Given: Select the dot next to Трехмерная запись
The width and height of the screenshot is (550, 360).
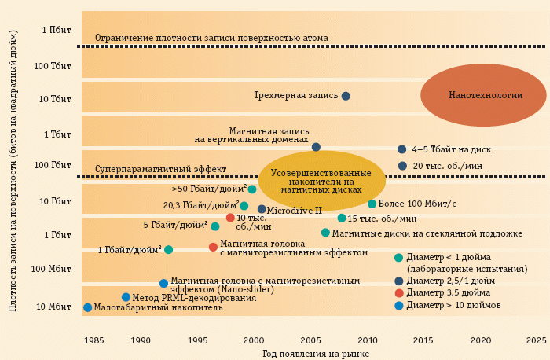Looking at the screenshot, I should [x=346, y=96].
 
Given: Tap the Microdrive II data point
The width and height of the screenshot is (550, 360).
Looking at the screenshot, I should [x=262, y=210].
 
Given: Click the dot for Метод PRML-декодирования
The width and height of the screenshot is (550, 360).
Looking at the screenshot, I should [x=126, y=297].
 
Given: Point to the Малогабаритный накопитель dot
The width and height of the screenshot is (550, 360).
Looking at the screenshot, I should [x=87, y=307].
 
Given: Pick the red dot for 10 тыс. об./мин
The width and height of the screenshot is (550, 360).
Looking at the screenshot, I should [x=230, y=218].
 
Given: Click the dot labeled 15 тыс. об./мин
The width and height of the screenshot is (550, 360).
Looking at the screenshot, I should [x=342, y=218].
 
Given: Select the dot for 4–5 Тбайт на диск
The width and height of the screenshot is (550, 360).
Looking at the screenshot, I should [x=402, y=149].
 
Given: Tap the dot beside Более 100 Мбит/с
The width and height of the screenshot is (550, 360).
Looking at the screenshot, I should [x=372, y=204].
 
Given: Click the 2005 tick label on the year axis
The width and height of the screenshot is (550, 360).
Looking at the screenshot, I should [x=310, y=340].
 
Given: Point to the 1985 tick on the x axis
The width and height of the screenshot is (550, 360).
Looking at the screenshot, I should [x=93, y=340].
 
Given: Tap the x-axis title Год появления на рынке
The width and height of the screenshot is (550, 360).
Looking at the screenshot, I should [x=316, y=354].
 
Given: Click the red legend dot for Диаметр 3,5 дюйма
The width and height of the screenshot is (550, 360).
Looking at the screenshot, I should [x=399, y=293].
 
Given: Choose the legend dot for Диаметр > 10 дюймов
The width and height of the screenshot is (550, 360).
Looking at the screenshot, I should [x=399, y=306].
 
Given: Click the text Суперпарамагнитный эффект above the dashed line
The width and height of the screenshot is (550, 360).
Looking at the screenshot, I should [x=160, y=169].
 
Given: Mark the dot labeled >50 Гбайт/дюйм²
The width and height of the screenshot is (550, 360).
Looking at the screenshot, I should [x=252, y=189].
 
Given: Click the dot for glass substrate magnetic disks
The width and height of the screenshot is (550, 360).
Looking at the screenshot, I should [x=325, y=233].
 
